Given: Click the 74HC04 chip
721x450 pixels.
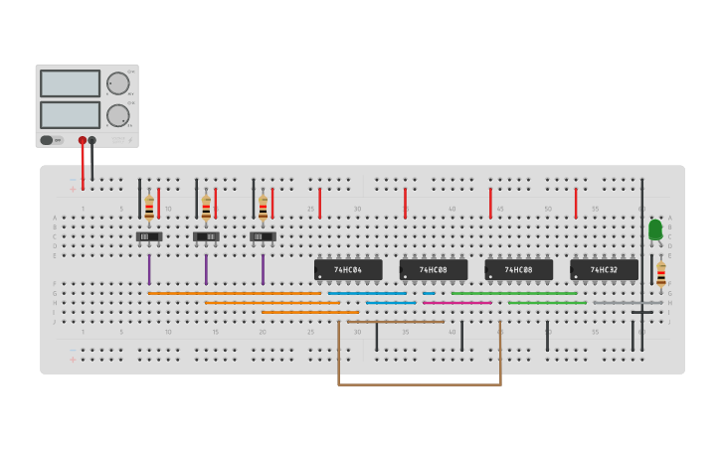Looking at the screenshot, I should [348, 269].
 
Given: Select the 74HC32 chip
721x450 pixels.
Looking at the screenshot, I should [604, 269].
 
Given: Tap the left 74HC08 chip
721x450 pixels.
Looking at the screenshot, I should [434, 269].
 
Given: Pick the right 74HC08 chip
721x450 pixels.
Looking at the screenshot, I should [518, 269].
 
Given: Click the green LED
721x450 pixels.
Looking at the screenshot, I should [655, 230].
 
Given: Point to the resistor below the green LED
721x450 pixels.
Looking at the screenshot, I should [661, 273].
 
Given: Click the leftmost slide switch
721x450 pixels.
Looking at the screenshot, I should [149, 236].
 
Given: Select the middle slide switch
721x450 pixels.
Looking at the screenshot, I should [206, 236].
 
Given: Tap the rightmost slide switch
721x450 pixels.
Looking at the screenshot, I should [263, 236].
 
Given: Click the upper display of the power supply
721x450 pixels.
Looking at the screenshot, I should [70, 83].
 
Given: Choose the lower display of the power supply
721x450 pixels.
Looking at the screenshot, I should [70, 114].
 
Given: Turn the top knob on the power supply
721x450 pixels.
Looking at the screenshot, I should [117, 83].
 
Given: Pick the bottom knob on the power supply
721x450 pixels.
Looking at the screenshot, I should [117, 115].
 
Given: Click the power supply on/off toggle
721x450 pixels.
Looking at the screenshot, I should [48, 140].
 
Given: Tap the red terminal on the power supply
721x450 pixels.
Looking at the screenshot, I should [83, 140].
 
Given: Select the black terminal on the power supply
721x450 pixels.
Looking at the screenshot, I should [91, 140].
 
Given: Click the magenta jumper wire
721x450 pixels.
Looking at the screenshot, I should [457, 303].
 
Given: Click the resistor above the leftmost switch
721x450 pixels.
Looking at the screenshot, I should [149, 207].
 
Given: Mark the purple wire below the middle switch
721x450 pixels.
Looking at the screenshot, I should [206, 269].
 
